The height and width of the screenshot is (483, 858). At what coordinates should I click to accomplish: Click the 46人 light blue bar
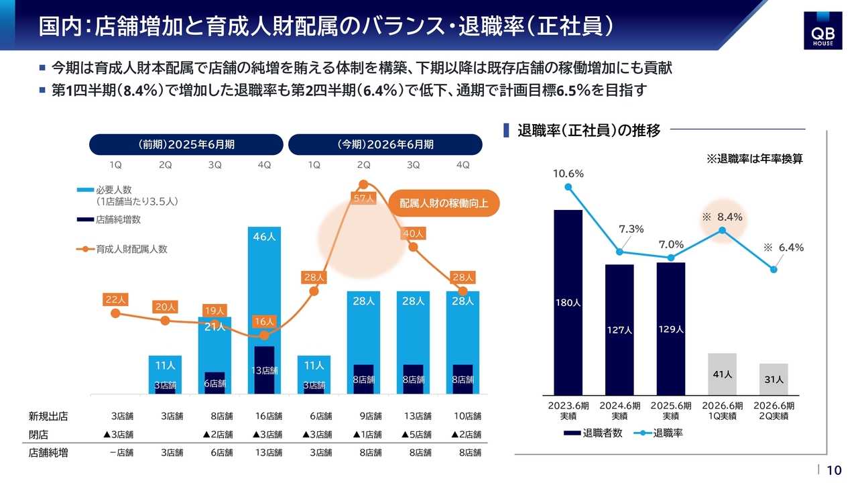click(x=264, y=282)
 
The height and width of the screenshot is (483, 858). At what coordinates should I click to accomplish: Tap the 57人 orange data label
click(x=363, y=199)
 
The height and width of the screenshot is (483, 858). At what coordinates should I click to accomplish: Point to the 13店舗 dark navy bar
click(x=264, y=370)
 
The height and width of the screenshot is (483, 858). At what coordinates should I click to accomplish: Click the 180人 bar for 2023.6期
click(x=568, y=302)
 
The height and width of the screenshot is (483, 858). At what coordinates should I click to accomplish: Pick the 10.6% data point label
click(x=568, y=174)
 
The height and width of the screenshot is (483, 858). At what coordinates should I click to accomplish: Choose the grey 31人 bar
click(x=774, y=379)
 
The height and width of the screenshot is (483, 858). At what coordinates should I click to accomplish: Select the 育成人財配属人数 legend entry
click(x=131, y=249)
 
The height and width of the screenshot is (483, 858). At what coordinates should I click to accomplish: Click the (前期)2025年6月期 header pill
click(x=186, y=144)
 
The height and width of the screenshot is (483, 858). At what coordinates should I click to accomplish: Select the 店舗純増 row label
click(x=48, y=453)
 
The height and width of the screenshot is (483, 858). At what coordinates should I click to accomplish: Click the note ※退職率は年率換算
click(x=755, y=159)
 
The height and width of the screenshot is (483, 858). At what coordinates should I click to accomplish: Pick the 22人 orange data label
click(x=115, y=300)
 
